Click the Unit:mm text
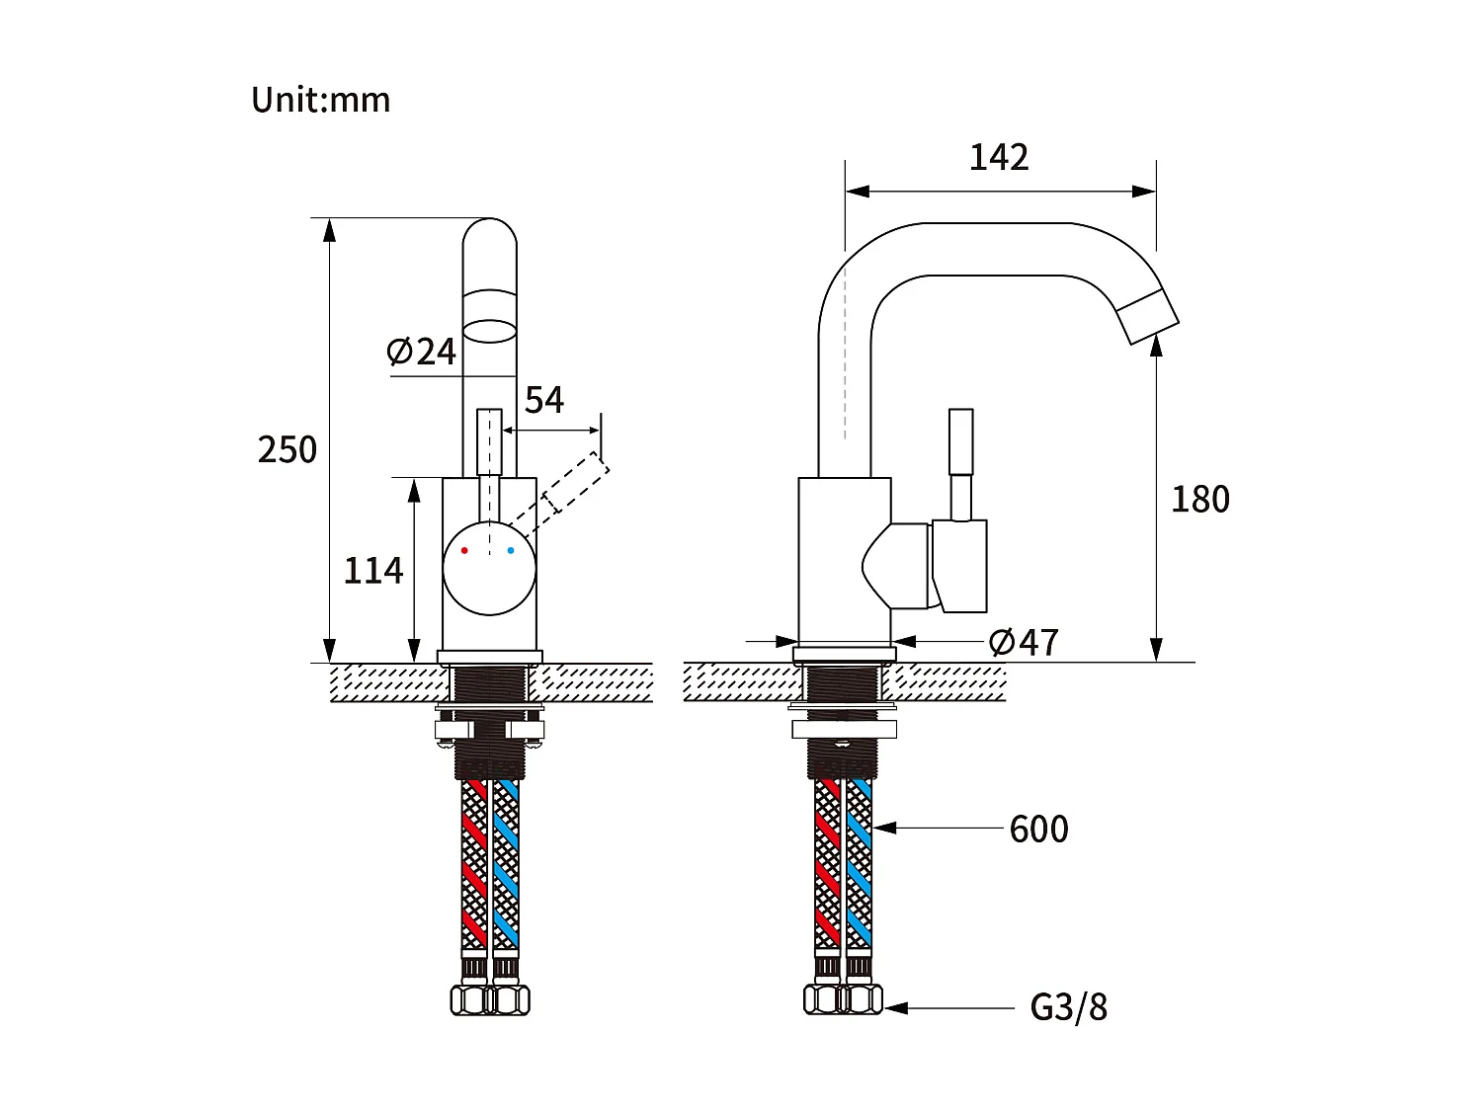(320, 100)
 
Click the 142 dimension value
(999, 157)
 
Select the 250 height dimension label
(287, 449)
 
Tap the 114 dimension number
(372, 571)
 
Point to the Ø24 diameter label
(422, 352)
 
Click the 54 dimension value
(544, 400)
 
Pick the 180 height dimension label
(1199, 499)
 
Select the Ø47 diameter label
(1025, 643)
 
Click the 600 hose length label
(1038, 830)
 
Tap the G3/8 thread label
(1068, 1008)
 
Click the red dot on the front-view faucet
(464, 550)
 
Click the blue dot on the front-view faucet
(511, 550)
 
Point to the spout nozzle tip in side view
(1148, 316)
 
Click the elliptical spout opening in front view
(490, 331)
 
